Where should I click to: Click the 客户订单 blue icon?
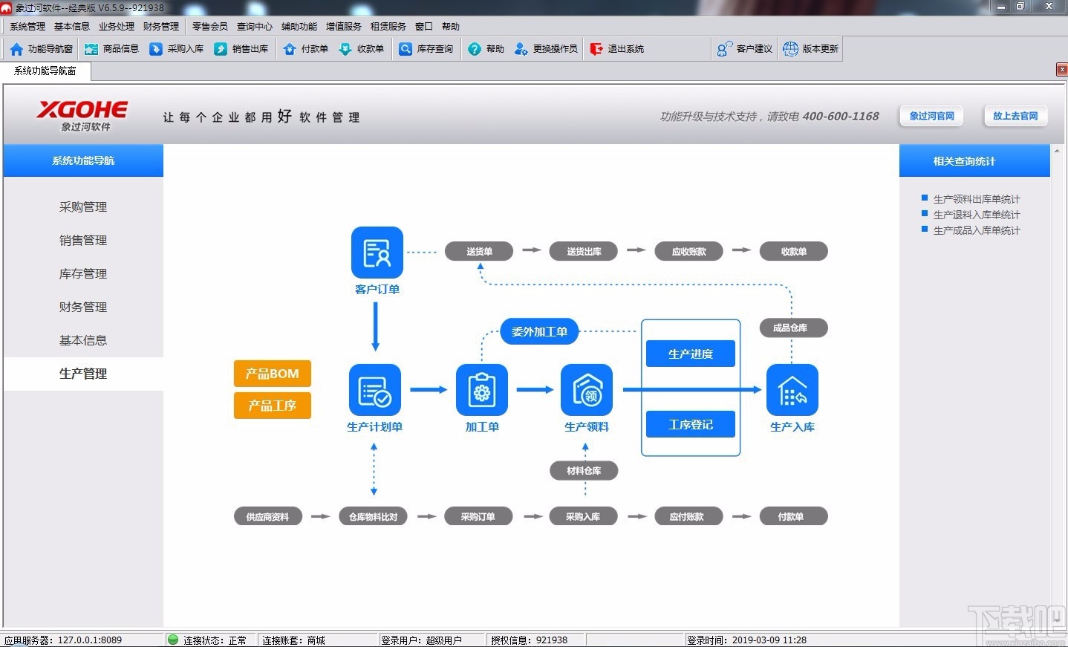tap(377, 253)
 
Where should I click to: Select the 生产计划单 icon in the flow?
tap(374, 389)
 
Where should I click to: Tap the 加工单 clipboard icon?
tap(481, 389)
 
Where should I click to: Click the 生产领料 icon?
tap(586, 389)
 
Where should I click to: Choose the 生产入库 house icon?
tap(792, 389)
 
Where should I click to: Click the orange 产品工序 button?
tap(272, 406)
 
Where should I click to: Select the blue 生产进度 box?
tap(690, 354)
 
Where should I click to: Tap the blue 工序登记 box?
tap(690, 424)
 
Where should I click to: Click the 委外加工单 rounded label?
tap(539, 331)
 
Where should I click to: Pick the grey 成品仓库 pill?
tap(790, 328)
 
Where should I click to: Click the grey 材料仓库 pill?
tap(584, 470)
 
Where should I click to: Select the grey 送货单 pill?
tap(479, 251)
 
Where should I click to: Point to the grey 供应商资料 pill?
tap(267, 516)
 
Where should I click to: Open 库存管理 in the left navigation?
tap(83, 273)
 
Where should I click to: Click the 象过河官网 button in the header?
tap(931, 116)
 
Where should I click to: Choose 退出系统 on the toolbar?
tap(617, 49)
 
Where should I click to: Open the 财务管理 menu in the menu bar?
tap(161, 26)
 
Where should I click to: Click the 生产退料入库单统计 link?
tap(976, 215)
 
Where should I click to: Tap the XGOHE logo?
tap(82, 115)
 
